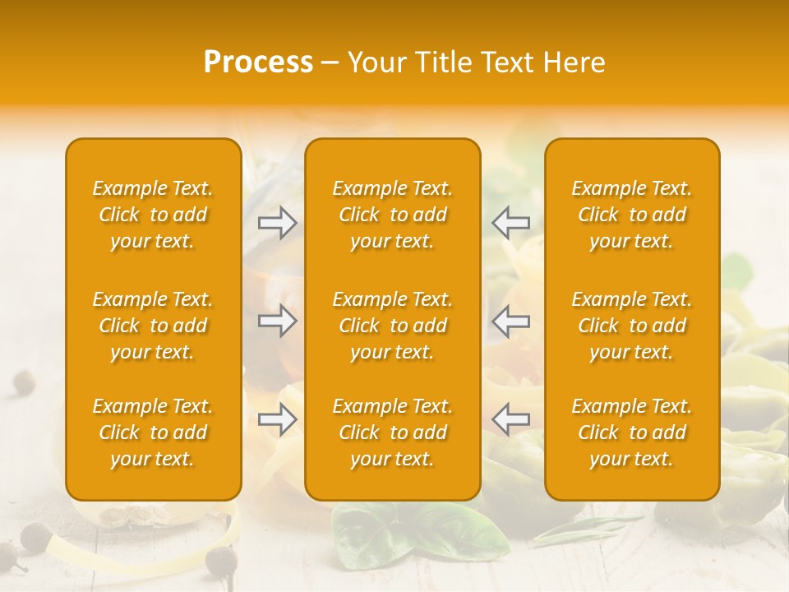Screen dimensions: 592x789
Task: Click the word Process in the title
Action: pyautogui.click(x=258, y=62)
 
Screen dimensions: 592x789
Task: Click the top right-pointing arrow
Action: pyautogui.click(x=277, y=222)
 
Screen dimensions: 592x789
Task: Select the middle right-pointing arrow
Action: pyautogui.click(x=277, y=321)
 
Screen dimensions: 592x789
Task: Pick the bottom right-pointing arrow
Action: pyautogui.click(x=277, y=419)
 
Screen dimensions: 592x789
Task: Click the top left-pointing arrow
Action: pyautogui.click(x=511, y=222)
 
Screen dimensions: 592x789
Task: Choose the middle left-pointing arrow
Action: pyautogui.click(x=511, y=321)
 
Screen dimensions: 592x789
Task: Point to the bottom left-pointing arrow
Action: pyautogui.click(x=511, y=419)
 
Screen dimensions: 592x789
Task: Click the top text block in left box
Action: pyautogui.click(x=153, y=215)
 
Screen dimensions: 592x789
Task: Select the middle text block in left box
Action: pyautogui.click(x=153, y=326)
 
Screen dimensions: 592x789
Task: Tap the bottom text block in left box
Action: pyautogui.click(x=153, y=432)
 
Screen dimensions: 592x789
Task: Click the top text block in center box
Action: pyautogui.click(x=393, y=215)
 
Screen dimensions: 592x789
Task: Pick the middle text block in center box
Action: pyautogui.click(x=393, y=326)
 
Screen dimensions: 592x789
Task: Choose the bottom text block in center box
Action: pyautogui.click(x=393, y=432)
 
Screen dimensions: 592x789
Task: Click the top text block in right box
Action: pyautogui.click(x=632, y=215)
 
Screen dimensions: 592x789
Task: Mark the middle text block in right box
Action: pyautogui.click(x=632, y=326)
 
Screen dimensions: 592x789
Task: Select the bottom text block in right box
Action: pyautogui.click(x=632, y=432)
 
